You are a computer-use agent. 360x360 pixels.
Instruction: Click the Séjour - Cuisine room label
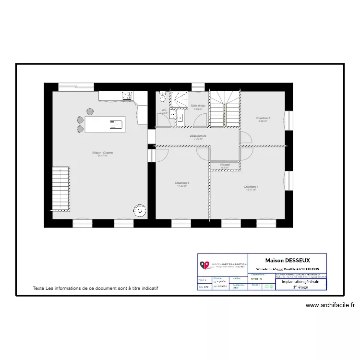point(102,153)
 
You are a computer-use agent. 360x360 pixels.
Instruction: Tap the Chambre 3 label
point(263,118)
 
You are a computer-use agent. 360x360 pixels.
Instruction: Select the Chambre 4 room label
point(251,187)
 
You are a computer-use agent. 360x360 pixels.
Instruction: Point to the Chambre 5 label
point(182,183)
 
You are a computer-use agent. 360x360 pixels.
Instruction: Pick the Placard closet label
point(225,165)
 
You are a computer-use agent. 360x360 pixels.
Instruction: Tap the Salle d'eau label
point(198,106)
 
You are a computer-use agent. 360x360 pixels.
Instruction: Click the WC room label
point(164,110)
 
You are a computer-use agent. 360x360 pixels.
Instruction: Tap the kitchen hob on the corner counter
point(127,96)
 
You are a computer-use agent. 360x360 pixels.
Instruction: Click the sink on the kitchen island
point(116,125)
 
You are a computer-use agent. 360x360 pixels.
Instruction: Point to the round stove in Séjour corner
point(140,210)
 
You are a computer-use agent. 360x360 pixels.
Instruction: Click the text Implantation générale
point(300,282)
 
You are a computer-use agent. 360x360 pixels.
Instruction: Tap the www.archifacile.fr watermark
point(330,305)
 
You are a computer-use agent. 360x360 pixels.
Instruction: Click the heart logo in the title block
point(205,264)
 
